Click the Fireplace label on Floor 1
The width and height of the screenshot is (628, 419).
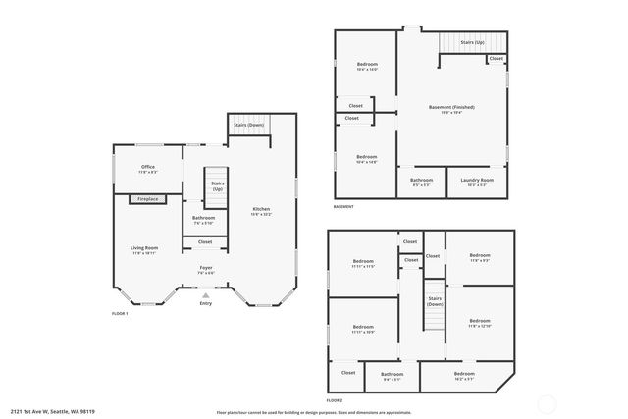click(x=147, y=199)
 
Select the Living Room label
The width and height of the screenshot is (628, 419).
click(x=144, y=249)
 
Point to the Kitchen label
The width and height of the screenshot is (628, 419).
click(x=261, y=211)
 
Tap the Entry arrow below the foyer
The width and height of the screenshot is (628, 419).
click(x=205, y=294)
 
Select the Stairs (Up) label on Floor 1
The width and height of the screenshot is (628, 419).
click(x=218, y=184)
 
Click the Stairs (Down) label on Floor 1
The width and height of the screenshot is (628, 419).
click(x=247, y=125)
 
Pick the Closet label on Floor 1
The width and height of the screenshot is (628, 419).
click(x=204, y=241)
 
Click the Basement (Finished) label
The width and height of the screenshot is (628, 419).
click(x=451, y=109)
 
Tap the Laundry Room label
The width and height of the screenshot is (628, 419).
click(x=478, y=182)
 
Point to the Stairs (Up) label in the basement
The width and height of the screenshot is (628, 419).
click(x=472, y=43)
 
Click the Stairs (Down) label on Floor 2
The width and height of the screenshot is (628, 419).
click(x=434, y=302)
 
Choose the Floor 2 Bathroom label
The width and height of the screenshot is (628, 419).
click(x=392, y=375)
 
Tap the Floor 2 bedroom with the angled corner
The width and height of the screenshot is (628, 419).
click(x=464, y=375)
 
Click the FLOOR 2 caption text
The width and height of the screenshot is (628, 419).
click(x=335, y=401)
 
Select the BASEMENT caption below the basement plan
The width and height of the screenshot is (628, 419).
click(x=343, y=207)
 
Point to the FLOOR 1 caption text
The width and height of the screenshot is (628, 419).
click(x=120, y=313)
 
